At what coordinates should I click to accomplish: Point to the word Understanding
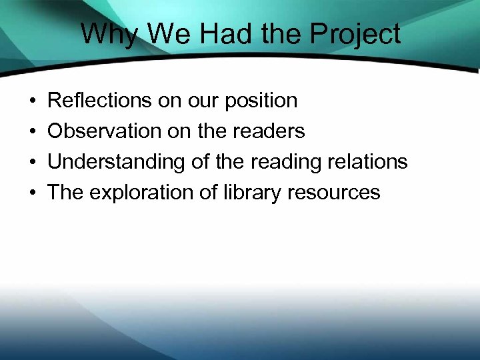click(x=111, y=163)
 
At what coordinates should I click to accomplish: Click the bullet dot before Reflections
click(x=33, y=101)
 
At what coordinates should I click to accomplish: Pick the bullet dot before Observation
click(x=33, y=132)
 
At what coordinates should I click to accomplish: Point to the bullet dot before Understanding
click(x=33, y=163)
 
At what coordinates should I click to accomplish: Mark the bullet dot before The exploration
click(x=33, y=193)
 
